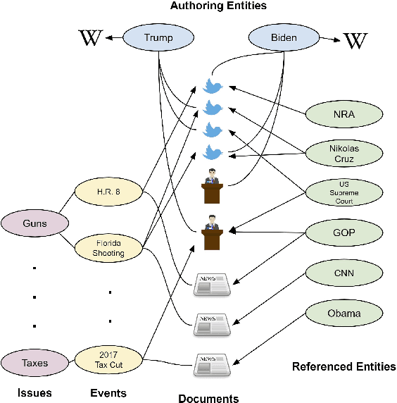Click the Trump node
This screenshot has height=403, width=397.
[158, 38]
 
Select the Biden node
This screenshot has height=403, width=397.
[284, 38]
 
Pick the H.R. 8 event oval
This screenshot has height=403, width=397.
[109, 191]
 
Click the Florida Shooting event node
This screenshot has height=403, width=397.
[109, 248]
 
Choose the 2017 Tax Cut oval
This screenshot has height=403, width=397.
[109, 360]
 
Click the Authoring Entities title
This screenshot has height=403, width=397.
[218, 6]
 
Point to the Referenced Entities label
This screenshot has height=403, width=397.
[344, 366]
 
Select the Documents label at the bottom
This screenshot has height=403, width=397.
[208, 398]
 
